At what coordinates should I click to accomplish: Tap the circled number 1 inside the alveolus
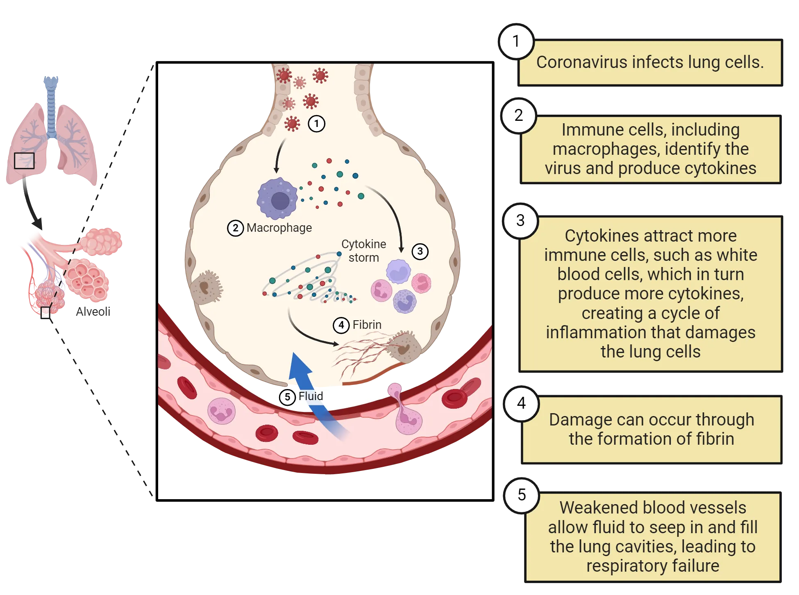coord(316,124)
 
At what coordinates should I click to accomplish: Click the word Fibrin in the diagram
coord(367,325)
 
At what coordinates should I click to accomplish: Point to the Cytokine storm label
coord(363,251)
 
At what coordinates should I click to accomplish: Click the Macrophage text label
coord(279,228)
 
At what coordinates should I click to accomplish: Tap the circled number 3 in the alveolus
coord(420,251)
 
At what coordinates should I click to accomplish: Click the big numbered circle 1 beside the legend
coord(516,41)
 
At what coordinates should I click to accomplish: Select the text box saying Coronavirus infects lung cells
coord(650,63)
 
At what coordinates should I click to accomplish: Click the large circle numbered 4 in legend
coord(521,403)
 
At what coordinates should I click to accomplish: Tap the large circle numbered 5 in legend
coord(522,495)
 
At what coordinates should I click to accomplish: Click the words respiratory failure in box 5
coord(652,566)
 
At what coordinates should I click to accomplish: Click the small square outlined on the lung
coord(24,161)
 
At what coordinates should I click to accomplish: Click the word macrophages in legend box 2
coord(606,149)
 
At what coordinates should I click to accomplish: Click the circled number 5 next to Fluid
coord(288,397)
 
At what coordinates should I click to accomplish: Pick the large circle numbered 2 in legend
coord(519,115)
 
